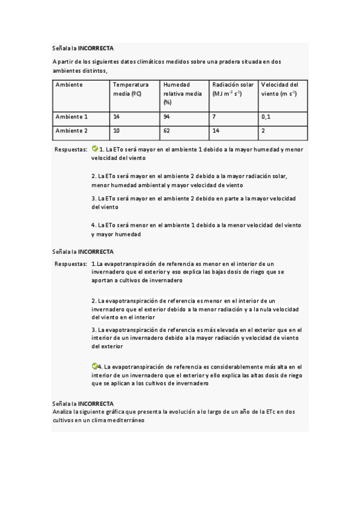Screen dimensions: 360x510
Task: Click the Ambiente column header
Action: tap(69, 85)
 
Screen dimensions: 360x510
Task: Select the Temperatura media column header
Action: tap(131, 89)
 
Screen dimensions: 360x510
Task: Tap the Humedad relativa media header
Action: tap(183, 93)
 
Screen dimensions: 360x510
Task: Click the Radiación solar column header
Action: tap(233, 89)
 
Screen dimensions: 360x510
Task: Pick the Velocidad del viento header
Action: tap(280, 89)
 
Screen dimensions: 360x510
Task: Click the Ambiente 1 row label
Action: tap(72, 117)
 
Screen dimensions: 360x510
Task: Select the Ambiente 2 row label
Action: tap(72, 131)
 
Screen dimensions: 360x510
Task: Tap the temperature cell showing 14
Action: tap(117, 117)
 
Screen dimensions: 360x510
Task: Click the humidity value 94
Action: tap(166, 117)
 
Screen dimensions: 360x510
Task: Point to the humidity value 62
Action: tap(166, 131)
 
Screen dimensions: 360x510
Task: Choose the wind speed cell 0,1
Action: tap(266, 117)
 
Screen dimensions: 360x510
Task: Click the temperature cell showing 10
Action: tap(117, 131)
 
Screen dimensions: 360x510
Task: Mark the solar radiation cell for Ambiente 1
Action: tap(214, 117)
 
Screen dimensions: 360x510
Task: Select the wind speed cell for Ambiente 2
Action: tap(263, 131)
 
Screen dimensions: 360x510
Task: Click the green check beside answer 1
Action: tap(94, 148)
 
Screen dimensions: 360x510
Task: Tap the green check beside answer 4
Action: tap(94, 366)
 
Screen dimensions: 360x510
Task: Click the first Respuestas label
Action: tap(70, 149)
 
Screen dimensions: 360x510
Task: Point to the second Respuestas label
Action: tap(70, 264)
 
